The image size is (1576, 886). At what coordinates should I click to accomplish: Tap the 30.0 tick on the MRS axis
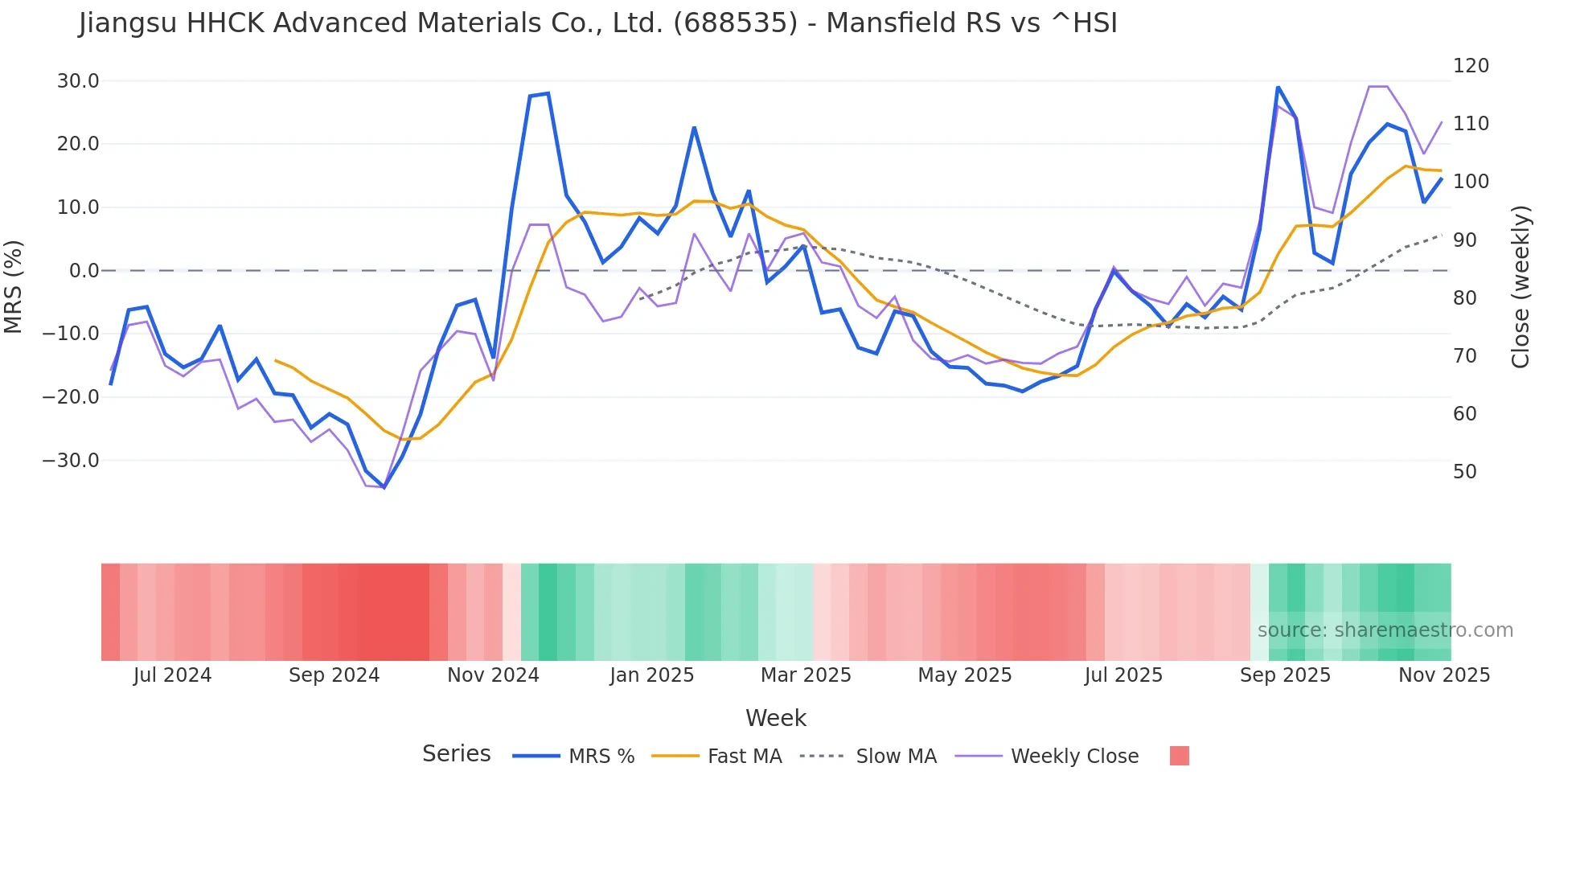pos(78,81)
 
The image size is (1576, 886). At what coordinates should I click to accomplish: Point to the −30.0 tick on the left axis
pos(72,461)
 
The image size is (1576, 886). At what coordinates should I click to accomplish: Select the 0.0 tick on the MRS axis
pos(84,271)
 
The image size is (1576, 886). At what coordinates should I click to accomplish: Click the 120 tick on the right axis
pos(1471,66)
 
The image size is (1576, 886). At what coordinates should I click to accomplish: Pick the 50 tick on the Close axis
pos(1465,472)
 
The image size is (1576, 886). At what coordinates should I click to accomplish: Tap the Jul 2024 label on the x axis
pos(172,675)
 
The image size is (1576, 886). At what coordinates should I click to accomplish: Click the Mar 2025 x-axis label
pos(806,675)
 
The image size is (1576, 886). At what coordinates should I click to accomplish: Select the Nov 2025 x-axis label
pos(1444,675)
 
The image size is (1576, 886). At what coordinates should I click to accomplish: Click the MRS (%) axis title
pos(14,286)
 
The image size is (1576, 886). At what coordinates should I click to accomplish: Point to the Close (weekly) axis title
pos(1521,286)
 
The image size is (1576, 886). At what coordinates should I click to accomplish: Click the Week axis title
pos(775,718)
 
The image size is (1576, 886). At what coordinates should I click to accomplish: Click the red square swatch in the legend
pos(1179,756)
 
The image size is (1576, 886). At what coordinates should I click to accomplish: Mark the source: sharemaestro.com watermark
pos(1385,630)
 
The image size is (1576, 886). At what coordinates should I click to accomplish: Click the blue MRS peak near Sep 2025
pos(1278,87)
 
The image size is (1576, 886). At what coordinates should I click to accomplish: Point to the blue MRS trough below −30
pos(384,487)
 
